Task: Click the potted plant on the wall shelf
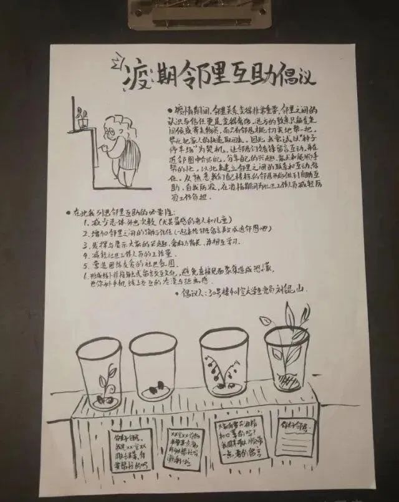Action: (x=80, y=117)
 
